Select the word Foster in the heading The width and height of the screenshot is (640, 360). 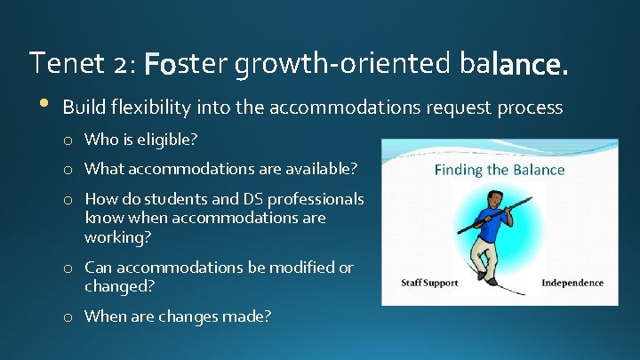point(186,64)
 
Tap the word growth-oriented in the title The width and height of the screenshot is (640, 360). point(344,64)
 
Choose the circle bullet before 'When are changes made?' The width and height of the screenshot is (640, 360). point(68,317)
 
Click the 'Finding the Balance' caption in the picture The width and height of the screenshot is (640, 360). point(499,170)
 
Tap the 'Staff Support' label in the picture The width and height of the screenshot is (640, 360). point(429,284)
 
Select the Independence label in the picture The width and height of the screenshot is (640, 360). point(572,284)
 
